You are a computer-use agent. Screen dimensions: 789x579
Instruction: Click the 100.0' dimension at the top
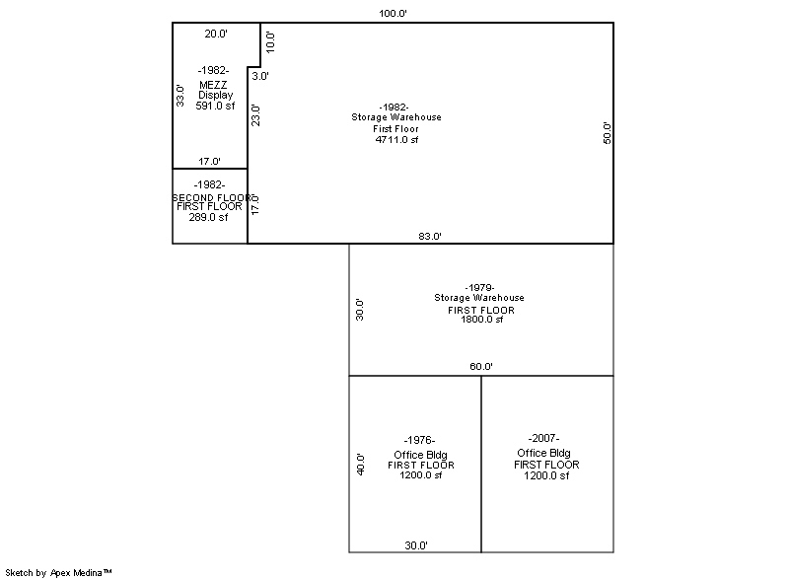coord(393,13)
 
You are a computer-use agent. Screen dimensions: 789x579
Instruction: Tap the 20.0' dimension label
coord(216,34)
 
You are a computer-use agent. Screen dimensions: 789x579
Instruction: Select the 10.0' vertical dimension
coord(270,41)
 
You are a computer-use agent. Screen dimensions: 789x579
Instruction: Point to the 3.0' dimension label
coord(260,76)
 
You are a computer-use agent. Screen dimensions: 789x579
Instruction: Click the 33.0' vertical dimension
coord(180,96)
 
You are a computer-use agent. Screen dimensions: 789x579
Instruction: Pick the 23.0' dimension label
coord(255,115)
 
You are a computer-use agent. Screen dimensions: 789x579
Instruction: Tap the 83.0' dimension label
coord(430,236)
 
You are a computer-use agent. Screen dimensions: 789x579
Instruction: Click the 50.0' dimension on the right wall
coord(607,133)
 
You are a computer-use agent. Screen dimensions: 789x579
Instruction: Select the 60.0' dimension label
coord(481,366)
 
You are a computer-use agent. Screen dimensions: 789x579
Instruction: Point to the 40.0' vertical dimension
coord(360,464)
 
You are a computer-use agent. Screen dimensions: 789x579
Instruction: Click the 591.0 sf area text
coord(215,106)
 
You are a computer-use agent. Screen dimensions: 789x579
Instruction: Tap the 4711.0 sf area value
coord(396,139)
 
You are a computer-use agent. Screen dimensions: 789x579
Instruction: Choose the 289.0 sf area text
coord(208,217)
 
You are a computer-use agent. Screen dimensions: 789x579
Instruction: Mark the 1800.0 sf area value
coord(481,319)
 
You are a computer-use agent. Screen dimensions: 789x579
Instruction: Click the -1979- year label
coord(479,287)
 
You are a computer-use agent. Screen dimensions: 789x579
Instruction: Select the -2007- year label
coord(543,438)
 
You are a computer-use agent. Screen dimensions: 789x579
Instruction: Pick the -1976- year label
coord(419,440)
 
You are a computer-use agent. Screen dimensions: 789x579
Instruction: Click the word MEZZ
coord(213,85)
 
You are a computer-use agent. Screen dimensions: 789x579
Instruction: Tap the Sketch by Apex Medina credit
coord(58,572)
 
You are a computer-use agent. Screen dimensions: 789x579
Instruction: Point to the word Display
coord(215,95)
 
